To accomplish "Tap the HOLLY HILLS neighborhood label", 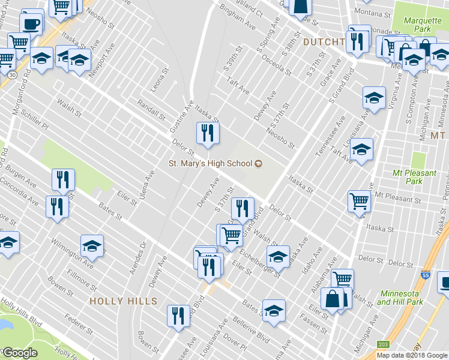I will pyautogui.click(x=123, y=301).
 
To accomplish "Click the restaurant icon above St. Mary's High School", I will pyautogui.click(x=208, y=133).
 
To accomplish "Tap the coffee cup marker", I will pyautogui.click(x=31, y=25).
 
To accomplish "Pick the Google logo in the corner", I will pyautogui.click(x=20, y=352).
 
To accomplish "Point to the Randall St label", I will pyautogui.click(x=151, y=109).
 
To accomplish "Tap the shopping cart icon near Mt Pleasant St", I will pyautogui.click(x=359, y=201).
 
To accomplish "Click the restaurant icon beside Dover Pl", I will pyautogui.click(x=178, y=316).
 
